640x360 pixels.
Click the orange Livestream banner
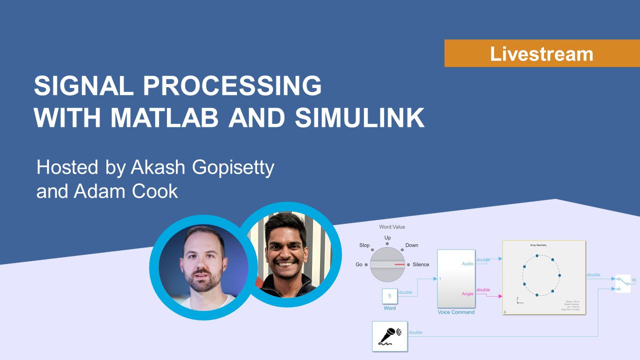click(x=541, y=53)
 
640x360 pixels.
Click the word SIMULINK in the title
click(x=359, y=117)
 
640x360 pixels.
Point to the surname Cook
click(x=155, y=190)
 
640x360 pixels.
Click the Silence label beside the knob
click(x=420, y=264)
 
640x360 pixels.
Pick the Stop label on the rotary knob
click(x=364, y=245)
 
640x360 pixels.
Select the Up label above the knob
click(x=387, y=237)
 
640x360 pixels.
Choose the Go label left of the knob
click(x=359, y=264)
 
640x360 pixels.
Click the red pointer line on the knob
click(x=399, y=264)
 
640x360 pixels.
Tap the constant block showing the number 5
click(x=389, y=296)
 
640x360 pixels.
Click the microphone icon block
click(x=389, y=335)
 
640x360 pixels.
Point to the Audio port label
click(x=467, y=263)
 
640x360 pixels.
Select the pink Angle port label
click(x=467, y=293)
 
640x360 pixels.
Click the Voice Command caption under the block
click(x=456, y=312)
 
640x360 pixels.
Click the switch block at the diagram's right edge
click(x=622, y=283)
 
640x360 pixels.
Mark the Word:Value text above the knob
click(x=392, y=227)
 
